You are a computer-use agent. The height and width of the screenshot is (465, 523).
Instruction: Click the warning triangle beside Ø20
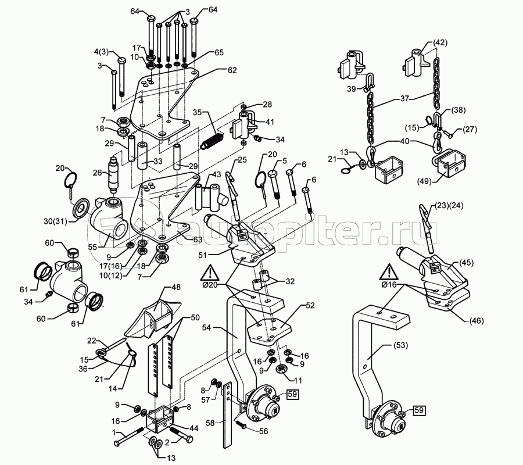pyautogui.click(x=210, y=272)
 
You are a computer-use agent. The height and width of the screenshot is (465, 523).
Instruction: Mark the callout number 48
pyautogui.click(x=175, y=288)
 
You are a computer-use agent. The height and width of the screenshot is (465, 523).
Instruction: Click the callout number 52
pyautogui.click(x=309, y=305)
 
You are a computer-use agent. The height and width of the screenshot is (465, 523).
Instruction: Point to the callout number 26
pyautogui.click(x=96, y=172)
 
